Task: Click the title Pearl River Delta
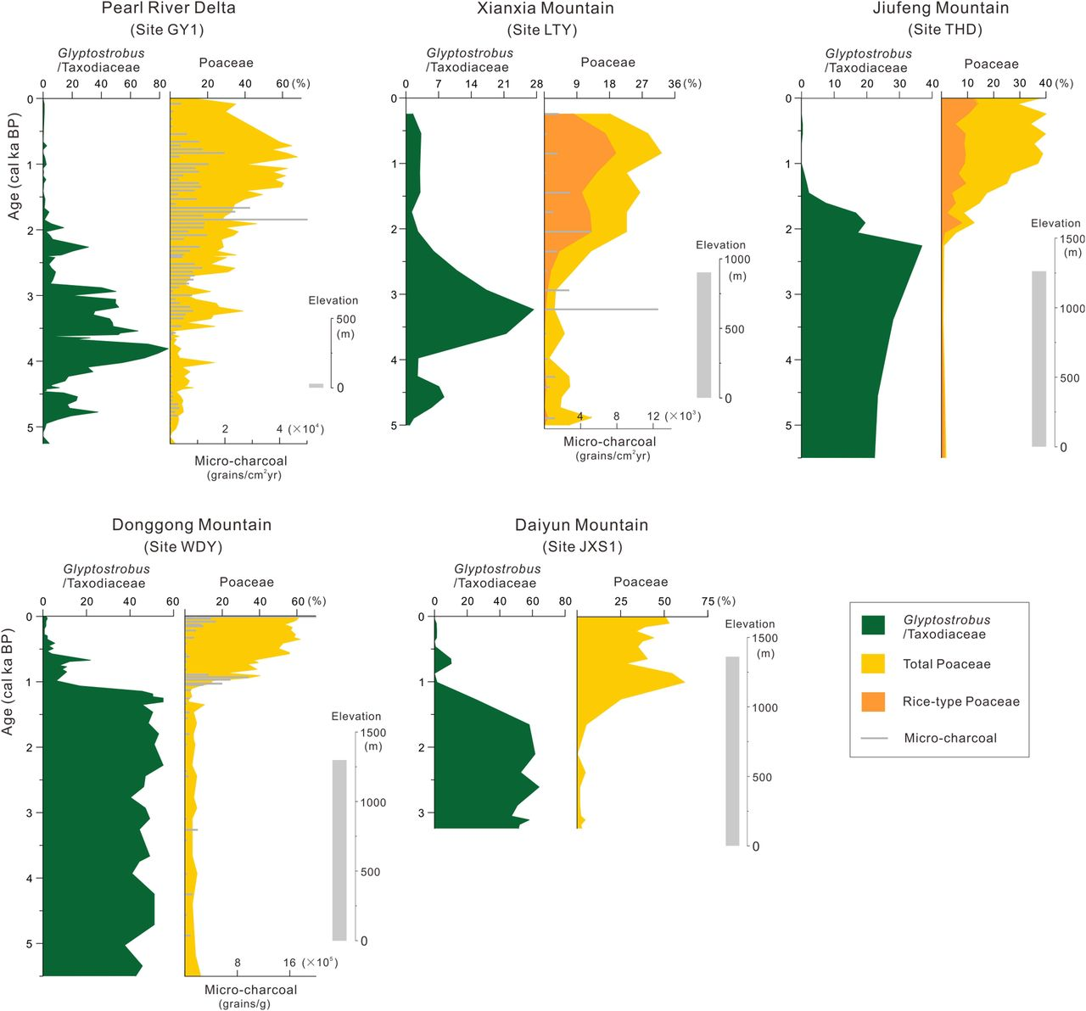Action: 168,8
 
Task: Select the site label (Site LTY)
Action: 541,30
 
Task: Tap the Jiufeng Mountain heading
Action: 940,8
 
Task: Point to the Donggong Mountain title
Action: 192,525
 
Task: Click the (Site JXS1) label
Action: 582,546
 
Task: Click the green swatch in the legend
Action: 873,626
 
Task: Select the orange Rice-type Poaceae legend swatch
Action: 873,701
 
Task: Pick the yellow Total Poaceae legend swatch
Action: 873,664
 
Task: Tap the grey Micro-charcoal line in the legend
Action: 874,738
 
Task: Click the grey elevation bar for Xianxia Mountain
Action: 704,335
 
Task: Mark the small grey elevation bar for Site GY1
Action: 316,386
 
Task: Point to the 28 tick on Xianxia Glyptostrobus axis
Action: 536,84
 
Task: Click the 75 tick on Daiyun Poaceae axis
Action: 708,601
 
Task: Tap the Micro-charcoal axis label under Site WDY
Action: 250,990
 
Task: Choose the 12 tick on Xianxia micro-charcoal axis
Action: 652,416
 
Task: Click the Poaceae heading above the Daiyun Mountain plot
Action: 641,582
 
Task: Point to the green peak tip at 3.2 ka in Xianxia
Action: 533,310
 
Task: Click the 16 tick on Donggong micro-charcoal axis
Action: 289,963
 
